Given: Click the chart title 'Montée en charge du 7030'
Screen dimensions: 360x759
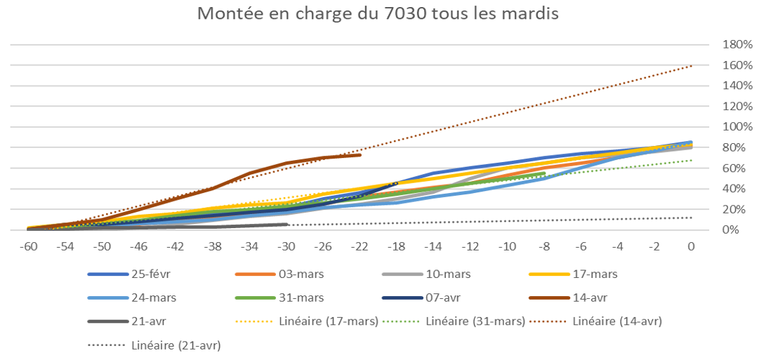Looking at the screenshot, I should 378,15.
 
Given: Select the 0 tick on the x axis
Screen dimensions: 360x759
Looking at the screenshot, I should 691,246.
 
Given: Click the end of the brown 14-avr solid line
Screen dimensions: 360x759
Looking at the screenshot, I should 360,154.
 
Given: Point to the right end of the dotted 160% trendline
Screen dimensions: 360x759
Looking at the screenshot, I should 692,65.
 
